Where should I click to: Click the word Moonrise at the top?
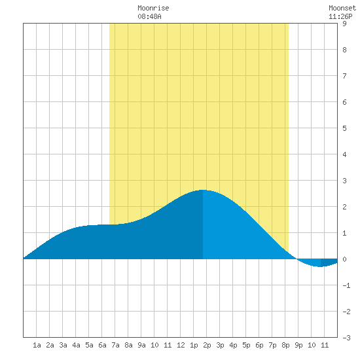pos(153,8)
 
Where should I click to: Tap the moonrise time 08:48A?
pos(149,16)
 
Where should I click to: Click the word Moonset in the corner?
pos(342,8)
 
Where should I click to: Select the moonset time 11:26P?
pos(340,16)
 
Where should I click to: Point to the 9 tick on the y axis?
pos(344,24)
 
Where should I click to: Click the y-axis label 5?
pos(344,128)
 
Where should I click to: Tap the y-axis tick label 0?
pos(344,259)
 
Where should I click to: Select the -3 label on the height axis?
pos(346,338)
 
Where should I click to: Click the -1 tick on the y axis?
pos(346,285)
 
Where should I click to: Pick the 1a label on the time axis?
pos(37,345)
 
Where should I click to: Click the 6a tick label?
pos(102,345)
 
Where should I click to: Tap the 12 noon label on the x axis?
pos(181,345)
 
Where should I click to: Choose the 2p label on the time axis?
pos(207,345)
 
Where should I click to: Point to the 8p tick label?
pos(285,345)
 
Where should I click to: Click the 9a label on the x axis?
pos(141,345)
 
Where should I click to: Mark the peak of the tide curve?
pos(203,190)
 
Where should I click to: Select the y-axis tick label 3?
pos(344,181)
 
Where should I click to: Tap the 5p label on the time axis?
pos(246,345)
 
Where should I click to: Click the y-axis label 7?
pos(344,76)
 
